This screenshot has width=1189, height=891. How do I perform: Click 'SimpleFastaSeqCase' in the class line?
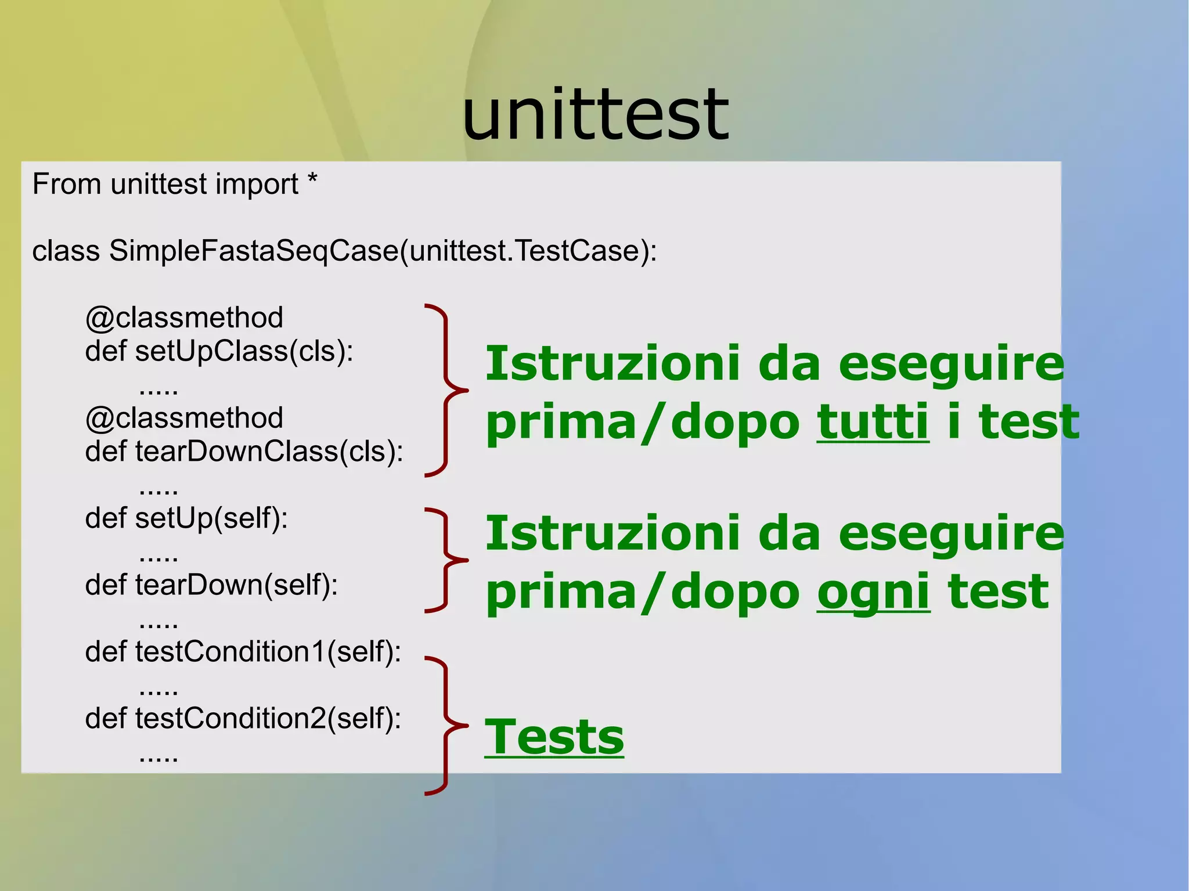(x=254, y=251)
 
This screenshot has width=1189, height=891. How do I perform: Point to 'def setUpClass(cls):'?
(x=219, y=351)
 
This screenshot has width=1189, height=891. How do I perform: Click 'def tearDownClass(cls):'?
(x=244, y=452)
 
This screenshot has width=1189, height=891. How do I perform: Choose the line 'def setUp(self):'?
(x=186, y=518)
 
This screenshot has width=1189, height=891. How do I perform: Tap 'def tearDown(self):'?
(x=211, y=585)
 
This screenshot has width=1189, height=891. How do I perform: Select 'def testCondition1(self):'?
(x=243, y=652)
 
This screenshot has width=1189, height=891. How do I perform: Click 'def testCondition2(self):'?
(x=243, y=719)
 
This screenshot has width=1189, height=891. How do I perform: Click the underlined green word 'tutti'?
(x=873, y=422)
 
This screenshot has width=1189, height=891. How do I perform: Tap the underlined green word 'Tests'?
(x=554, y=737)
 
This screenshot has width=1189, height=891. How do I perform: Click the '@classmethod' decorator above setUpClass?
(x=184, y=318)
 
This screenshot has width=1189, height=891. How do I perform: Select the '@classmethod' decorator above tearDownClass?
(x=184, y=419)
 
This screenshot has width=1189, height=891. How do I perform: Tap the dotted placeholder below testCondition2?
(x=158, y=758)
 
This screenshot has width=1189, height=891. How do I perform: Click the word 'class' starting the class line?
(x=66, y=251)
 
